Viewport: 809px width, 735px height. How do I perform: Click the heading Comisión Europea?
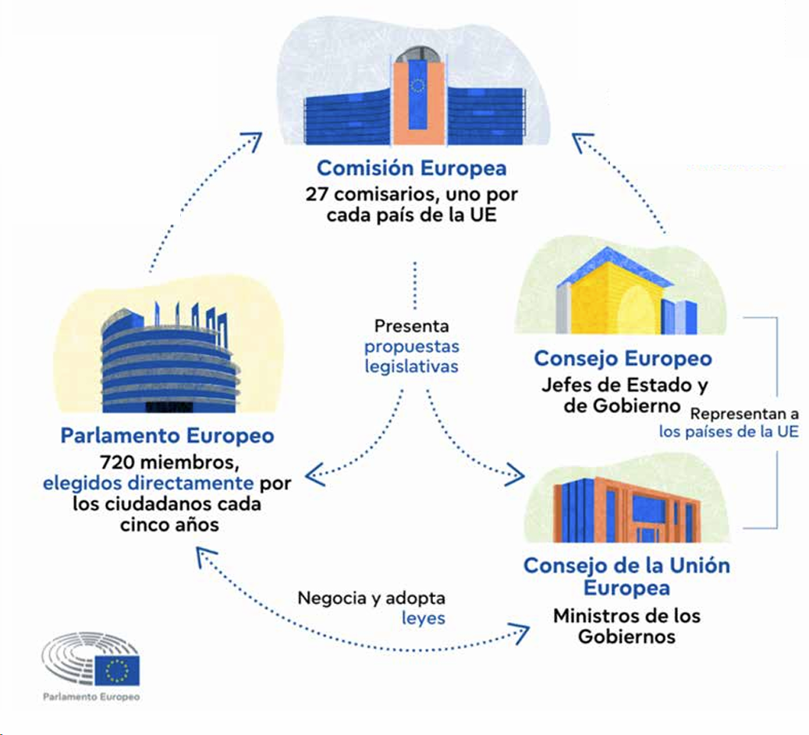[411, 168]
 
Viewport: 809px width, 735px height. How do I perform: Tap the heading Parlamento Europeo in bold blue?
[167, 435]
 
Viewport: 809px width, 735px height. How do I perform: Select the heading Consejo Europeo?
[623, 359]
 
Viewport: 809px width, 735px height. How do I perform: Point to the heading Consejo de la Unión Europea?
[626, 576]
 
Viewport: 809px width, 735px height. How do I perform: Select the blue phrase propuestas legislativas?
[411, 355]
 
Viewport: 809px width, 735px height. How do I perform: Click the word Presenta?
[411, 326]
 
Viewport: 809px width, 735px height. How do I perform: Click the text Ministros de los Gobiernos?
[626, 626]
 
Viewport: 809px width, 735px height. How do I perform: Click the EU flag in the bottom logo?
[118, 670]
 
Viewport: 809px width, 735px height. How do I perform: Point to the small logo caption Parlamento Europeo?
[92, 696]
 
